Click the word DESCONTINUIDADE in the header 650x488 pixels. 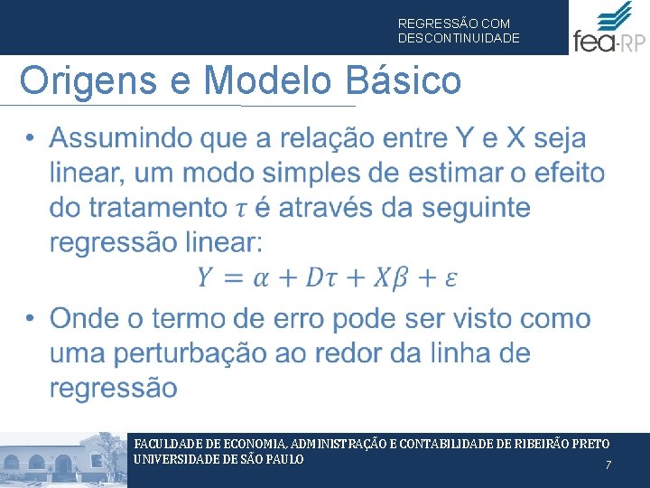[x=459, y=39]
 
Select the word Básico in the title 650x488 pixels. [x=404, y=81]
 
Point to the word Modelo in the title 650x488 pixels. [x=267, y=81]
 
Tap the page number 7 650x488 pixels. [x=608, y=465]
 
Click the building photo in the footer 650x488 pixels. [x=63, y=460]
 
